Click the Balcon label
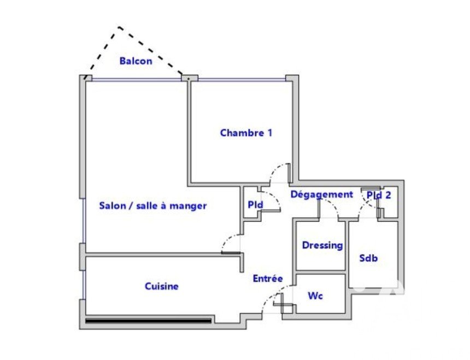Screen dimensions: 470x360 pos(136,61)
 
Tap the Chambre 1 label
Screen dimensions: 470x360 pos(246,133)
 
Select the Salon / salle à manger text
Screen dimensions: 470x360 pos(153,206)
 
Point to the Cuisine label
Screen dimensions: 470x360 pos(162,286)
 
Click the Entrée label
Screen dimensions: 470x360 pos(268,279)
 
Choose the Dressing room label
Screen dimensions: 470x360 pos(322,246)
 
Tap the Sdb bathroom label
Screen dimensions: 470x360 pos(368,258)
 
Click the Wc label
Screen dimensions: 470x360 pos(315,296)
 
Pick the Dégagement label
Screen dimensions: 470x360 pos(322,194)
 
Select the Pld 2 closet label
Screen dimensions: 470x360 pos(379,195)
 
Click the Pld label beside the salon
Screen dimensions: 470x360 pos(255,204)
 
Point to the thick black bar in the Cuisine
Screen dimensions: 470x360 pos(148,321)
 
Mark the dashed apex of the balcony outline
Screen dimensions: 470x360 pos(119,27)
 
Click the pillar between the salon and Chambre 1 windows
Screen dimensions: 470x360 pos(190,78)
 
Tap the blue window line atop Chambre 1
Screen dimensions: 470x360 pos(242,80)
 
